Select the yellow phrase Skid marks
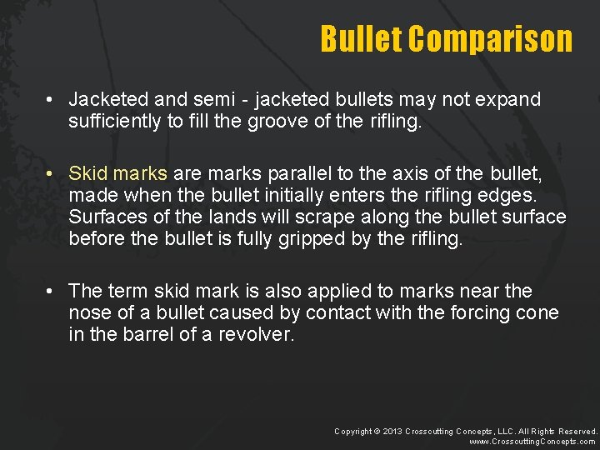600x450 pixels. (x=118, y=175)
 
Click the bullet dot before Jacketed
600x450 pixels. (x=52, y=100)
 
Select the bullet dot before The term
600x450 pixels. (x=52, y=292)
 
